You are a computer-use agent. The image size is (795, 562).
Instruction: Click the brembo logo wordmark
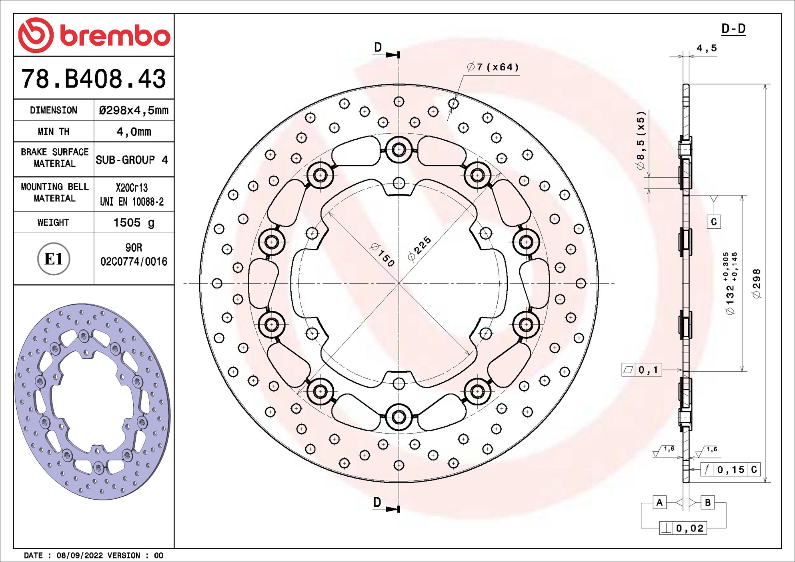(x=114, y=36)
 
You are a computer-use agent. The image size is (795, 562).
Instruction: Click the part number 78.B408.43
(x=94, y=79)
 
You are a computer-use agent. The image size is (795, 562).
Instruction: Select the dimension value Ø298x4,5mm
(x=134, y=110)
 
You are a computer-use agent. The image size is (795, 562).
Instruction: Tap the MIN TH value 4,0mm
(x=134, y=132)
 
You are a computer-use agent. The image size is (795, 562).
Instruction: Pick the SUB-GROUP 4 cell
(x=132, y=160)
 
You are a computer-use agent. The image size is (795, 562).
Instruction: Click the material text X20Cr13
(x=132, y=188)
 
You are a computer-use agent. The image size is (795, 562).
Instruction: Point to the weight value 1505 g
(x=134, y=222)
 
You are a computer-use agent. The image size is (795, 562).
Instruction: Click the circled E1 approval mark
(x=54, y=259)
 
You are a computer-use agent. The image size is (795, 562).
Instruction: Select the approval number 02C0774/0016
(x=134, y=262)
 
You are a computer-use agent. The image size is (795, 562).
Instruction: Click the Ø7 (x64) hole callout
(x=493, y=67)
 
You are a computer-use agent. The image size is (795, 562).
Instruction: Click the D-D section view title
(x=733, y=29)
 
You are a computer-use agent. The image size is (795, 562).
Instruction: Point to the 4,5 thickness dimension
(x=707, y=48)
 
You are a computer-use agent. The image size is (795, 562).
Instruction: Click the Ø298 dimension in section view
(x=756, y=283)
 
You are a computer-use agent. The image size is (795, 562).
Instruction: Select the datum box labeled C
(x=714, y=222)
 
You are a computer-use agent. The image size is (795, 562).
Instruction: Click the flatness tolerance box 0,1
(x=642, y=370)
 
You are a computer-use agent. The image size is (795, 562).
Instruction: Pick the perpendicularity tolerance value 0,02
(x=690, y=528)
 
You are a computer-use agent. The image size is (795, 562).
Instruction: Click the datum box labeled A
(x=659, y=502)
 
